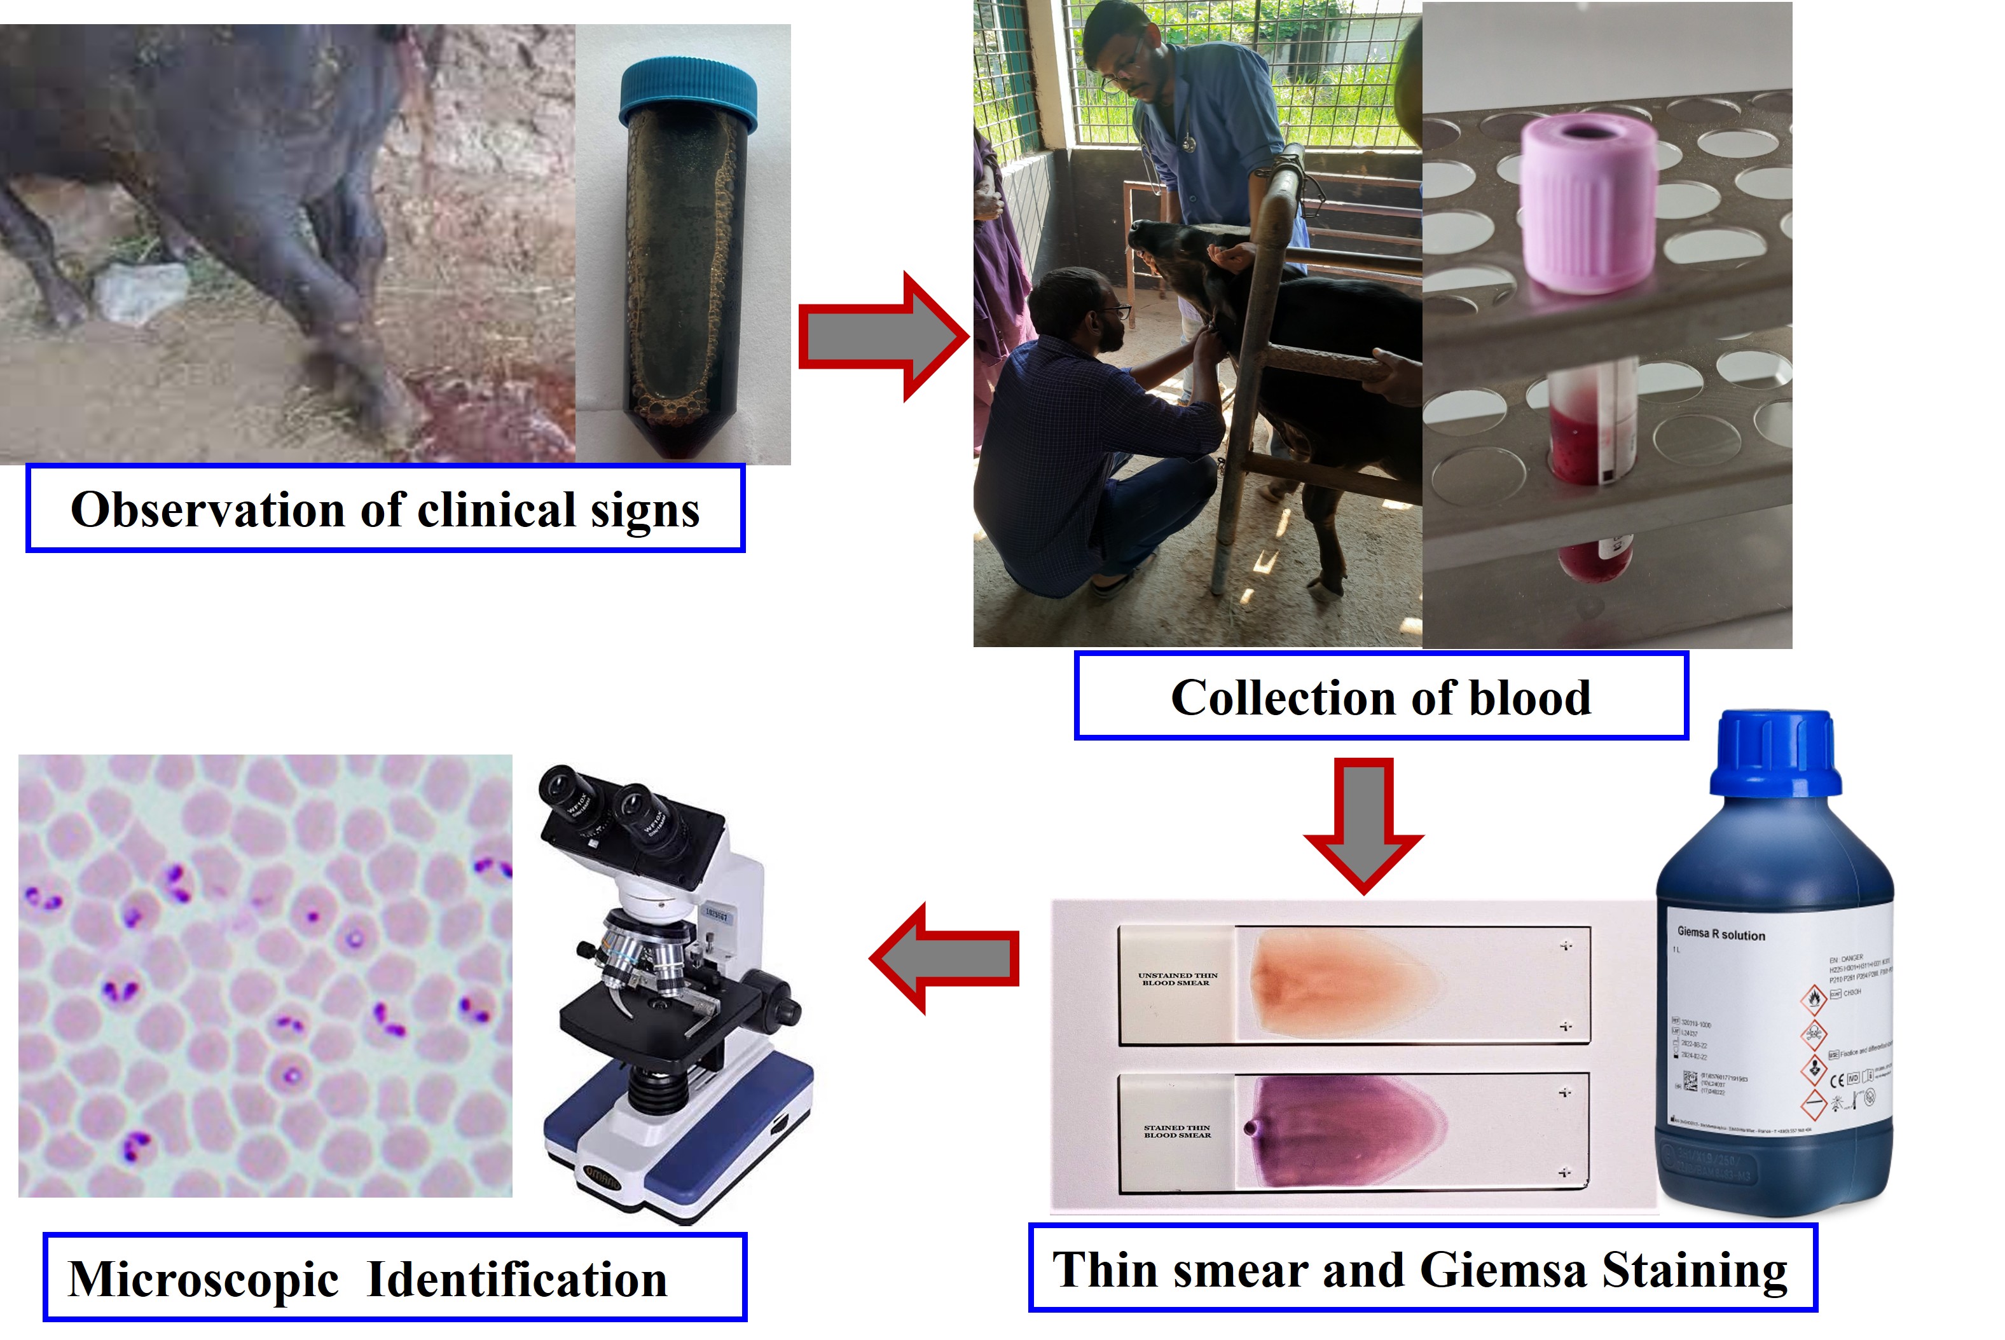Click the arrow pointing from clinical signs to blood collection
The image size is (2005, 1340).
(x=880, y=337)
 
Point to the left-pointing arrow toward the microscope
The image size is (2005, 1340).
(x=944, y=958)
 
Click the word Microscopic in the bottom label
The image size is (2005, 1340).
(x=203, y=1280)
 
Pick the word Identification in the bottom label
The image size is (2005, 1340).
(x=517, y=1280)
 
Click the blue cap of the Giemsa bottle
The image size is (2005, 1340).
(x=1775, y=752)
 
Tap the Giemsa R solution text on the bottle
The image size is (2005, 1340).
(x=1720, y=934)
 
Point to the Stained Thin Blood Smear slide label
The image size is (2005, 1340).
(x=1177, y=1131)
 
